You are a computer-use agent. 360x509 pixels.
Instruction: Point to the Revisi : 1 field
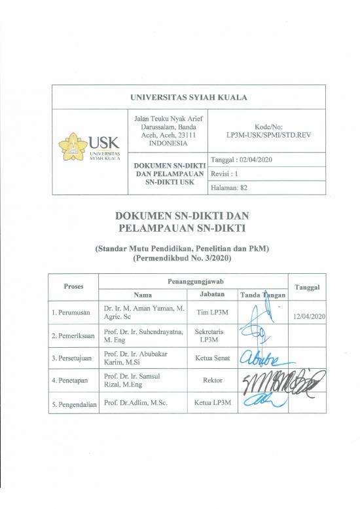click(226, 174)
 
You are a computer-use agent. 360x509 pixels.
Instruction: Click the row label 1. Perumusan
click(73, 312)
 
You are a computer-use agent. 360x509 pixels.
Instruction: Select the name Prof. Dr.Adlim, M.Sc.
click(135, 402)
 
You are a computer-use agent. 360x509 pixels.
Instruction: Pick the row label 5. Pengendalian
click(73, 402)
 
